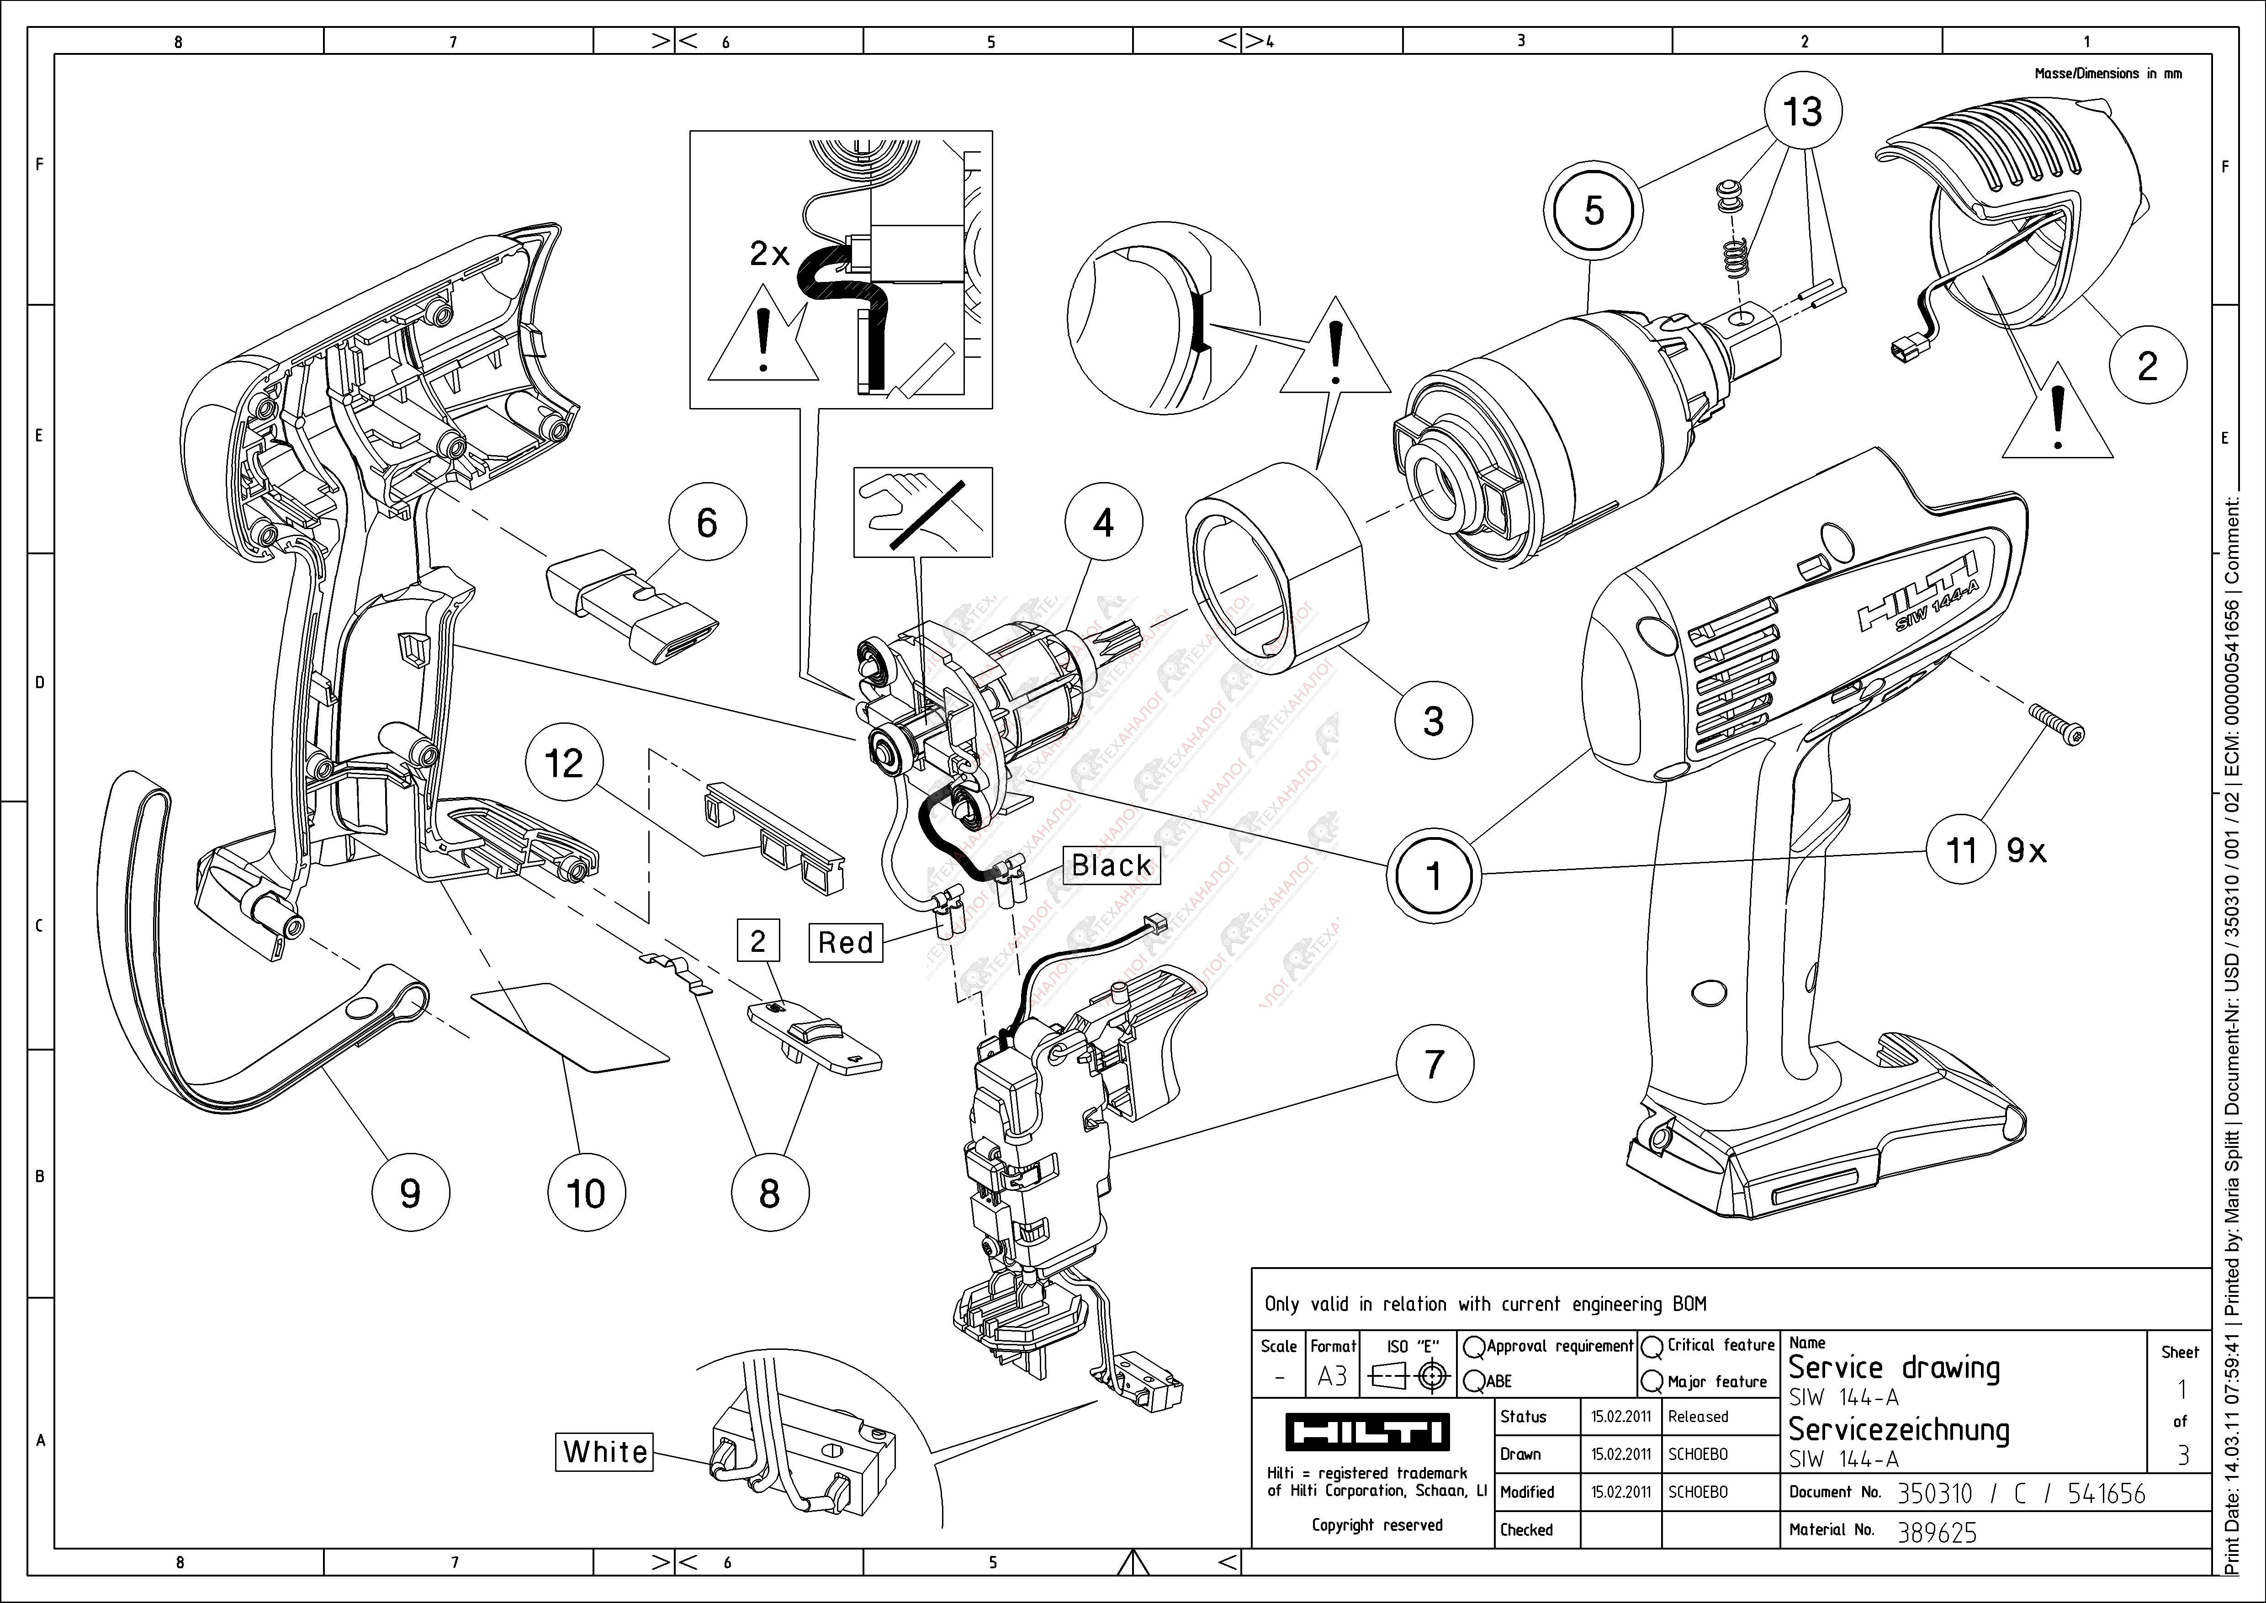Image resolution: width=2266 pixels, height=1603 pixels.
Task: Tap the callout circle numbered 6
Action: point(707,523)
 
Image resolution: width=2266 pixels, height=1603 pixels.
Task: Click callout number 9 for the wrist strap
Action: point(410,1192)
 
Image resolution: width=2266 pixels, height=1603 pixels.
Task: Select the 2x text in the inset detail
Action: point(769,254)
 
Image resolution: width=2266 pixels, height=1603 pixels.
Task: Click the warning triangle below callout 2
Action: point(2057,418)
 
